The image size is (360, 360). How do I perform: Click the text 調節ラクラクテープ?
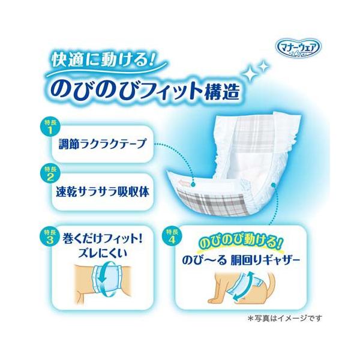point(103,144)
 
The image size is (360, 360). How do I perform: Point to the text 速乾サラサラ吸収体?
point(103,192)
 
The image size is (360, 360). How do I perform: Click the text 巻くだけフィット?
point(102,239)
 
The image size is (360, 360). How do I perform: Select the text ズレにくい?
point(103,254)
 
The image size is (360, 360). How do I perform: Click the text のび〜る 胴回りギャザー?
point(241,261)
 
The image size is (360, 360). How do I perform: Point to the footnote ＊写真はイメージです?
point(285,318)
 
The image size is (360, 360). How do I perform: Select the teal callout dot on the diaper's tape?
point(193,184)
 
